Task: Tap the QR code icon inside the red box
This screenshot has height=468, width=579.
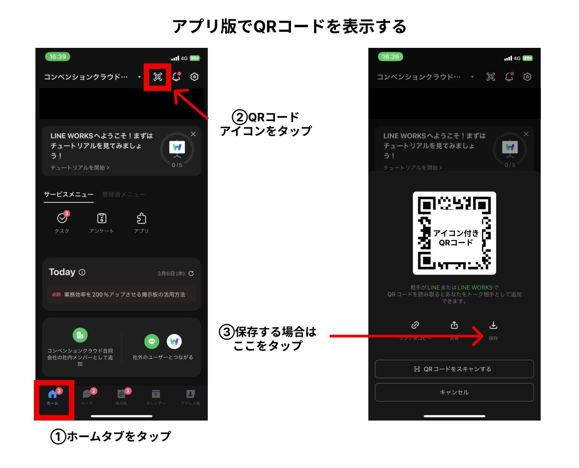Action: coord(158,77)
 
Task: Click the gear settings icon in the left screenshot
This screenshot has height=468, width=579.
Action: coord(194,77)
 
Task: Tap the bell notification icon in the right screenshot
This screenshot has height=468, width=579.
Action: coord(509,77)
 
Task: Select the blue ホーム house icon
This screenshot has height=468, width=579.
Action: coord(52,394)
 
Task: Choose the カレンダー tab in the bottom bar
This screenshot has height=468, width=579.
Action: coord(156,394)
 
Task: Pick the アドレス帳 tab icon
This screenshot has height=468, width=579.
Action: coord(190,394)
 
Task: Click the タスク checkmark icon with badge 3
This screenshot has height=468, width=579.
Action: coord(62,219)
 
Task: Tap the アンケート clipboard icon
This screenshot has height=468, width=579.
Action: coord(102,219)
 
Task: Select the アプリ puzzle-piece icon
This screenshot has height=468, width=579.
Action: coord(141,219)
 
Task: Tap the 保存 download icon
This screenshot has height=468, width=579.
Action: coord(493,325)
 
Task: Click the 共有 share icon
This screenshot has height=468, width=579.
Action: coord(454,325)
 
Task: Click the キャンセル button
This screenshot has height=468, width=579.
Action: coord(454,392)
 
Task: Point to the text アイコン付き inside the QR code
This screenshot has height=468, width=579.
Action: coord(456,233)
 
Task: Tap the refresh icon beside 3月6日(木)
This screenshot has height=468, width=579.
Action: coord(191,273)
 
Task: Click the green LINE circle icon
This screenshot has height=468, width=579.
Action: coord(152,342)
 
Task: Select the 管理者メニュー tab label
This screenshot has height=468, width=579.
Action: coord(123,195)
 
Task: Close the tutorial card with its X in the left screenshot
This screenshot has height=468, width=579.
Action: coord(193,134)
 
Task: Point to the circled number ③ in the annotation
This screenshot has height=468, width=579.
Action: coord(226,333)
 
